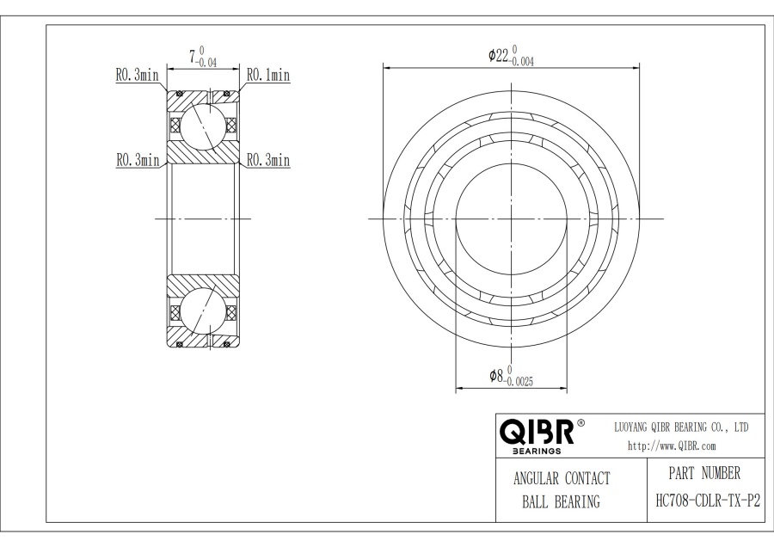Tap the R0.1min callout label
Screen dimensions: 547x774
268,76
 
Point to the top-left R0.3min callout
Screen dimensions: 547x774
138,76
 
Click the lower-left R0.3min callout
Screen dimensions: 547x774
138,160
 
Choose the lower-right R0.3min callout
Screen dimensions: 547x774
268,160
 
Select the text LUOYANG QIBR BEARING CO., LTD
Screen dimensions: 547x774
680,427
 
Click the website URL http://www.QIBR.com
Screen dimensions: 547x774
671,446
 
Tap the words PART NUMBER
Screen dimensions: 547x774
703,473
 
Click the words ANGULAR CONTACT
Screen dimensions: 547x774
561,478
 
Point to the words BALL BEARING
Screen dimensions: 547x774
561,502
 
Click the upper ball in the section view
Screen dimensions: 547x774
203,125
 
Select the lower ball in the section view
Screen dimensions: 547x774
203,310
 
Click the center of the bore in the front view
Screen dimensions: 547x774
511,218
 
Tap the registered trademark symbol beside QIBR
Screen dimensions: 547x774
580,423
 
